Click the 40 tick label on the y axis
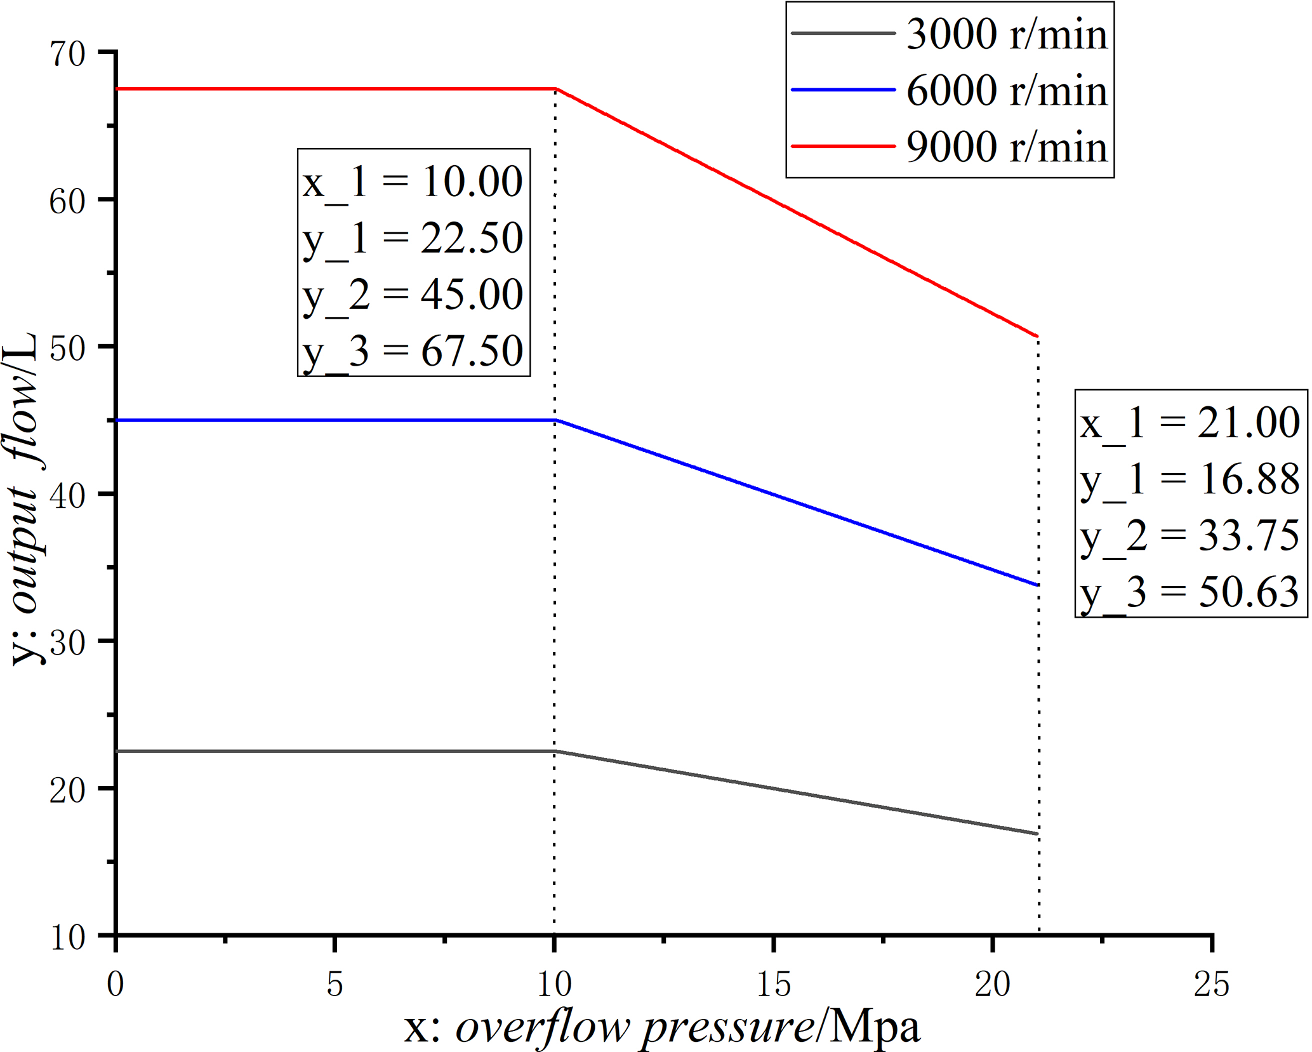(x=68, y=495)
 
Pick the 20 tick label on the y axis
(x=68, y=790)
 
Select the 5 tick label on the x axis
(x=335, y=984)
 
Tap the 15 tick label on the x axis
(x=774, y=984)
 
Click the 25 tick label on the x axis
(x=1211, y=984)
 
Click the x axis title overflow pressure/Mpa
(x=661, y=1027)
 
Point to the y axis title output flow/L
(x=25, y=498)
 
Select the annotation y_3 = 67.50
(x=413, y=350)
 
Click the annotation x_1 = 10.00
(x=413, y=182)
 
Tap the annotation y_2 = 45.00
(x=413, y=295)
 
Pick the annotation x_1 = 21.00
(x=1189, y=422)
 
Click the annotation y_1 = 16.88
(x=1189, y=479)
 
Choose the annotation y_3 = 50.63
(x=1189, y=592)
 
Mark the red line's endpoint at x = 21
(x=1037, y=336)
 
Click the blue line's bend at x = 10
(x=555, y=420)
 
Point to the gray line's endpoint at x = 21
(x=1037, y=834)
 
